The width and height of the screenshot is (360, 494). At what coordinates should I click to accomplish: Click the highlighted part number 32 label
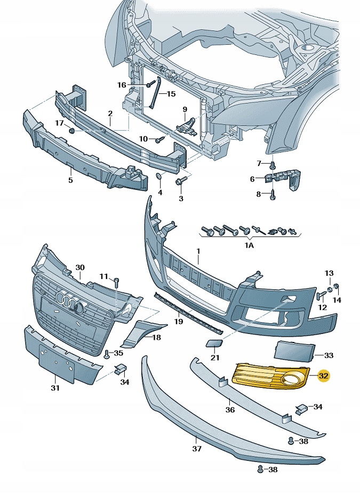tap(324, 376)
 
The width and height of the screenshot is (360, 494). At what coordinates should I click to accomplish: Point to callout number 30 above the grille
tap(80, 267)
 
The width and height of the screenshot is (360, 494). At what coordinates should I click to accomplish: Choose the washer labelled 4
tap(158, 176)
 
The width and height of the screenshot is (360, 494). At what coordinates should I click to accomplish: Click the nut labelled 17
tap(71, 130)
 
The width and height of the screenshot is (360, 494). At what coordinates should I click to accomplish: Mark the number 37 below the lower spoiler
tap(196, 449)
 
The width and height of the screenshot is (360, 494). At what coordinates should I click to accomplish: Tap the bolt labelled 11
tap(116, 280)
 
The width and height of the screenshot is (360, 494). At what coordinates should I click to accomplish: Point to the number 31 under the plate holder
tap(55, 388)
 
